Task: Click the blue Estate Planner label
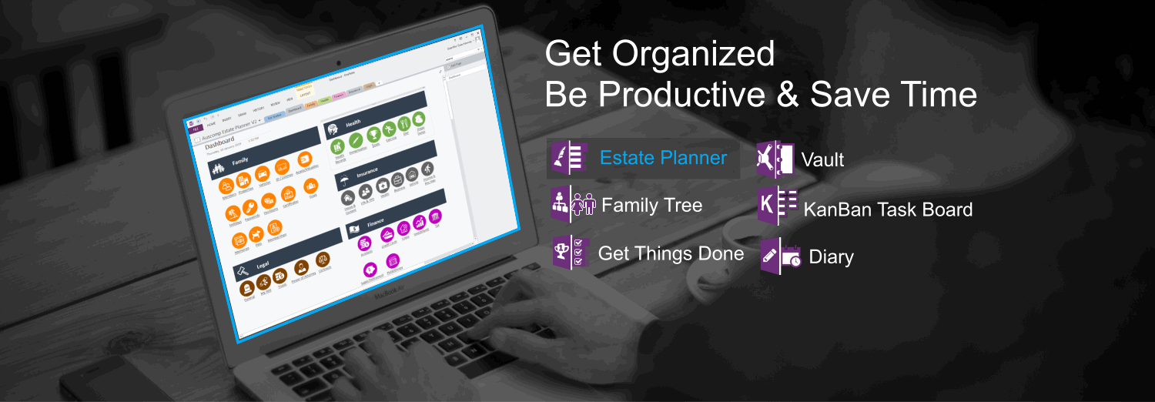coord(663,159)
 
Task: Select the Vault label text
coord(822,160)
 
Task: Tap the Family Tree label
coord(651,206)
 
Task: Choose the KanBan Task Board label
coord(888,209)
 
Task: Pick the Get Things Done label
coord(671,254)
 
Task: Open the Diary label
coord(831,257)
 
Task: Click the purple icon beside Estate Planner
coord(570,159)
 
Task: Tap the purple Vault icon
coord(775,159)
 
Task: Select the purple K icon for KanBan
coord(777,206)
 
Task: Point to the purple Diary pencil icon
coord(780,256)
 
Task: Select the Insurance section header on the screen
coord(367,172)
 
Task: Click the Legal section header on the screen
coord(262,264)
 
